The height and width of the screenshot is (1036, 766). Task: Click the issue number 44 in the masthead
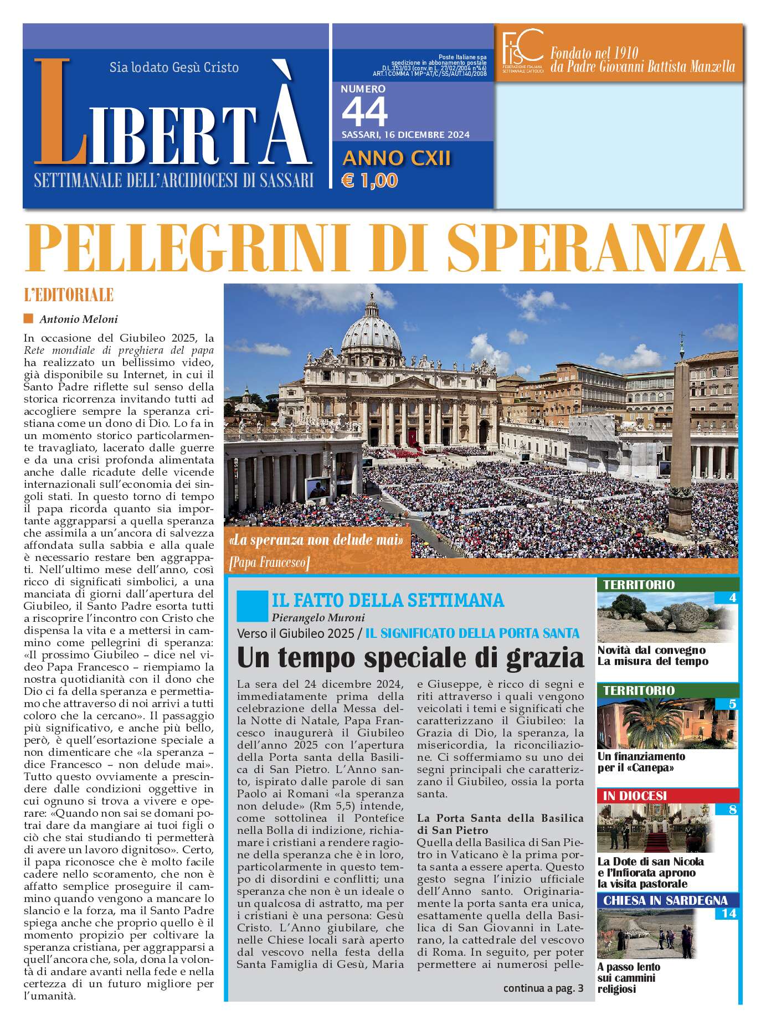point(364,112)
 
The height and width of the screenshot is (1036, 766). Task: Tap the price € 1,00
point(369,181)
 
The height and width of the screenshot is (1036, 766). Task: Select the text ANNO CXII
point(397,158)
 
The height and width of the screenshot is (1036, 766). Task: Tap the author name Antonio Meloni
point(78,319)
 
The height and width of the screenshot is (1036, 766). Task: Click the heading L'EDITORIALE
point(69,295)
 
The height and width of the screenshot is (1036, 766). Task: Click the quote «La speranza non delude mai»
point(316,540)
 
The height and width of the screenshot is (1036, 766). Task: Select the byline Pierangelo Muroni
point(318,617)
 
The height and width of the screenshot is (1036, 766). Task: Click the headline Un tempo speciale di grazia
point(410,658)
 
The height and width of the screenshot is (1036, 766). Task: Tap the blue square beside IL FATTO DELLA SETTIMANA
point(251,606)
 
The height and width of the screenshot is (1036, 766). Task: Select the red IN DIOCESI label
point(635,796)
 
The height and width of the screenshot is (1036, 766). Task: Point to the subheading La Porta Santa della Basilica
point(500,818)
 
